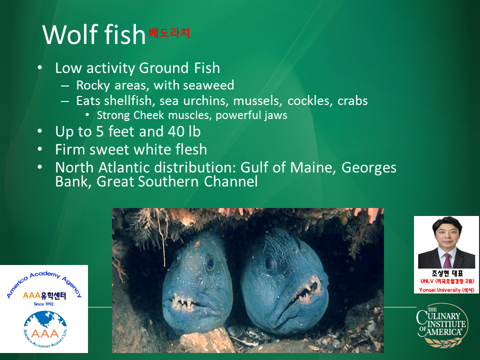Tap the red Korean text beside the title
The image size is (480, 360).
click(x=169, y=33)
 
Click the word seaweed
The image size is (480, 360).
click(x=208, y=85)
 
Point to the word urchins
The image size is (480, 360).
click(x=205, y=100)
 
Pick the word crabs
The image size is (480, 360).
click(x=352, y=100)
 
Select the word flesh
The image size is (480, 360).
click(x=191, y=149)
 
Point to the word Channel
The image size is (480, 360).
click(x=231, y=181)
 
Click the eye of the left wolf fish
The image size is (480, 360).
click(x=210, y=264)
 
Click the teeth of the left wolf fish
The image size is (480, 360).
click(x=183, y=301)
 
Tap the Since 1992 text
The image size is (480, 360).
click(x=43, y=304)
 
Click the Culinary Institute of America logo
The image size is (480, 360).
click(x=442, y=325)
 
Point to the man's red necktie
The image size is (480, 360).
click(x=447, y=260)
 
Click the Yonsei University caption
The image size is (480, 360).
click(x=446, y=289)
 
